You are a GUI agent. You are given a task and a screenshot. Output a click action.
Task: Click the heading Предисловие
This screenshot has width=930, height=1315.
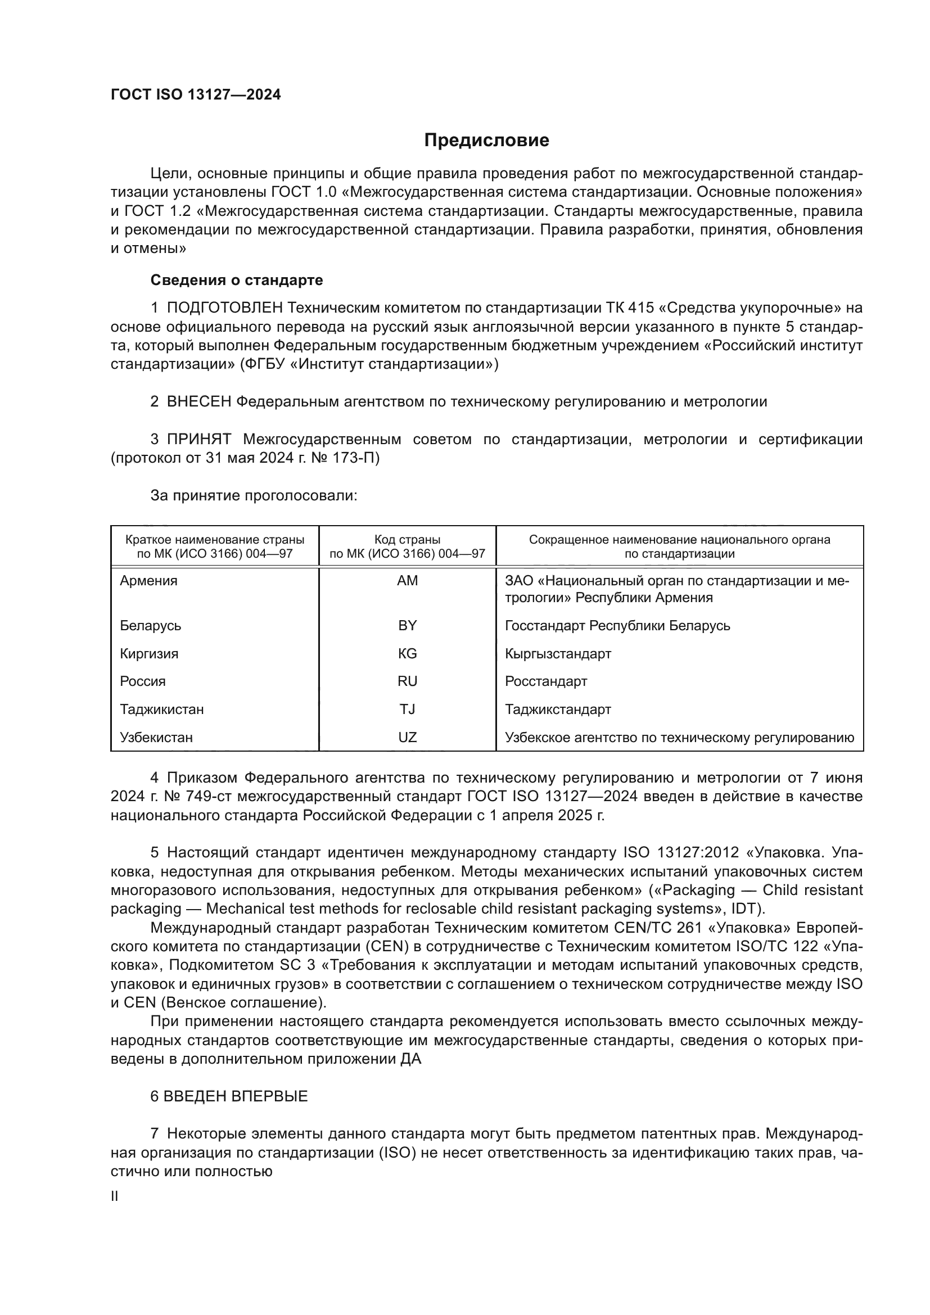click(486, 141)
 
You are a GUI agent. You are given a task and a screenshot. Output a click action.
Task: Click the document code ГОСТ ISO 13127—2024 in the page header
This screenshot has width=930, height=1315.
click(196, 95)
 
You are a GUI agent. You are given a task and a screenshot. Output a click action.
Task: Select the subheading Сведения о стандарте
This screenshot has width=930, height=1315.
click(237, 280)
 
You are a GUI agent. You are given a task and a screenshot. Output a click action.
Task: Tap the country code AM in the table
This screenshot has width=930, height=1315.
click(407, 581)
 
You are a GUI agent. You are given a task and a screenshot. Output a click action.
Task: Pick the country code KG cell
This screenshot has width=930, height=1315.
click(407, 653)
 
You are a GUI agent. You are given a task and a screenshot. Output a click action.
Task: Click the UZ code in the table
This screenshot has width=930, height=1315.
click(407, 737)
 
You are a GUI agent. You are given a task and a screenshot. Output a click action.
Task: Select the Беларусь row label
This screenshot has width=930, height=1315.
click(151, 625)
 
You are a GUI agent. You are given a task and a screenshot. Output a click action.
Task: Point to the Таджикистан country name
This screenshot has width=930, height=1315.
click(161, 709)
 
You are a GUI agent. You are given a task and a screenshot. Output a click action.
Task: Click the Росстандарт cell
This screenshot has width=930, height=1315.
click(546, 681)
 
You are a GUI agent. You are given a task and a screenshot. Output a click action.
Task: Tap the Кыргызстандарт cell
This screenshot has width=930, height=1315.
click(558, 653)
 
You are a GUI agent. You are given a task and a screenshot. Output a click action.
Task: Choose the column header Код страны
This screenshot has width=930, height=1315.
click(407, 540)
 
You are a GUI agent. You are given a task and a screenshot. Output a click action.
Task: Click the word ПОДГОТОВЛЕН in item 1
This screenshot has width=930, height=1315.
click(224, 308)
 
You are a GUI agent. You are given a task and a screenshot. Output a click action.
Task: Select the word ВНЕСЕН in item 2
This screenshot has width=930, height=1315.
click(198, 401)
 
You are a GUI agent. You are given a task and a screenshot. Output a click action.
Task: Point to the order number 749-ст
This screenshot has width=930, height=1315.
click(209, 797)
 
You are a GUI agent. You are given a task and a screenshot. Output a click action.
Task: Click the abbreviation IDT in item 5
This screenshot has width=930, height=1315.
click(743, 909)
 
